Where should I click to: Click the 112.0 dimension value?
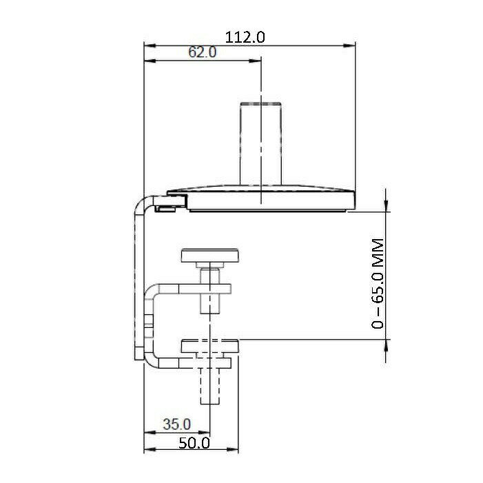[x=245, y=37]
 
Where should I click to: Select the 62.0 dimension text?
[x=203, y=52]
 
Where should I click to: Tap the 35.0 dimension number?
[x=177, y=424]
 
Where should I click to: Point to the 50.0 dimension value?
[x=194, y=443]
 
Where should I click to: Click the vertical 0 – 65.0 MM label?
[x=378, y=284]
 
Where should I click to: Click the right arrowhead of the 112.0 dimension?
[x=349, y=45]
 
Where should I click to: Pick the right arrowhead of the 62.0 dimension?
[x=255, y=61]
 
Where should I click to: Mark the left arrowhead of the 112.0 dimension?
[x=151, y=45]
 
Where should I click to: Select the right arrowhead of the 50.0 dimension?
[x=232, y=450]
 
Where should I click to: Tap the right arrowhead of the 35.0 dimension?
[x=204, y=433]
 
